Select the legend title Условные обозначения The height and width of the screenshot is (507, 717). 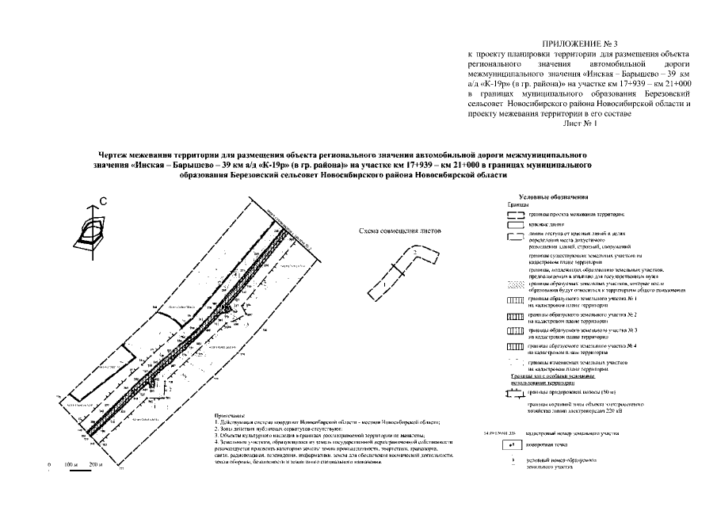click(554, 196)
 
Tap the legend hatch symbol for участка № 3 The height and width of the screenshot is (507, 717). click(514, 331)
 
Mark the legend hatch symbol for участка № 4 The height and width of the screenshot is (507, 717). click(514, 346)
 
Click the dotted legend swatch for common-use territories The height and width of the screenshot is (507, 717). click(514, 285)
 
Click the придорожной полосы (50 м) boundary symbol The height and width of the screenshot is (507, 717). click(514, 392)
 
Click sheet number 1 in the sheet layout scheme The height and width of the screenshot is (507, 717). click(384, 283)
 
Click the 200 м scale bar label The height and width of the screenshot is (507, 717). click(97, 463)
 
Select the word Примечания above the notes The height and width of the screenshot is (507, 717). click(230, 416)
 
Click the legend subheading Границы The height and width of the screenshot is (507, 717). click(520, 204)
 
